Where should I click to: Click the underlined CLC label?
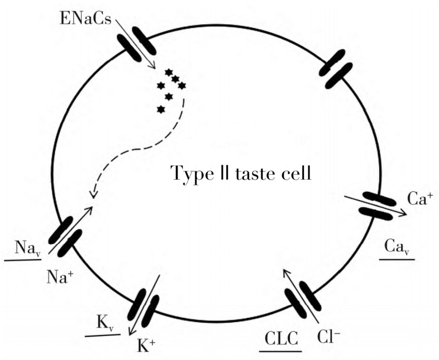pos(281,338)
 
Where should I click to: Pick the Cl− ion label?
pos(329,337)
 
